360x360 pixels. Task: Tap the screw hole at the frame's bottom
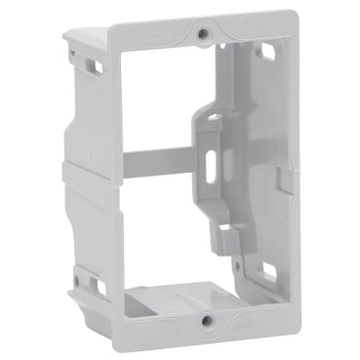[x=204, y=320]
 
